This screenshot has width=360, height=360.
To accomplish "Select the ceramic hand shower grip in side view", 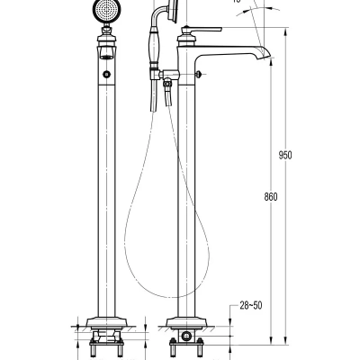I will coord(153,45).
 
